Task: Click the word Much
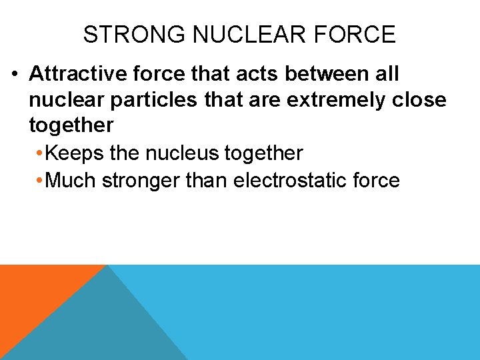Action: (73, 180)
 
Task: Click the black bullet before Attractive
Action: (15, 73)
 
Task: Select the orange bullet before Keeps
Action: (41, 154)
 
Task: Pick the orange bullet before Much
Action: (41, 181)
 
